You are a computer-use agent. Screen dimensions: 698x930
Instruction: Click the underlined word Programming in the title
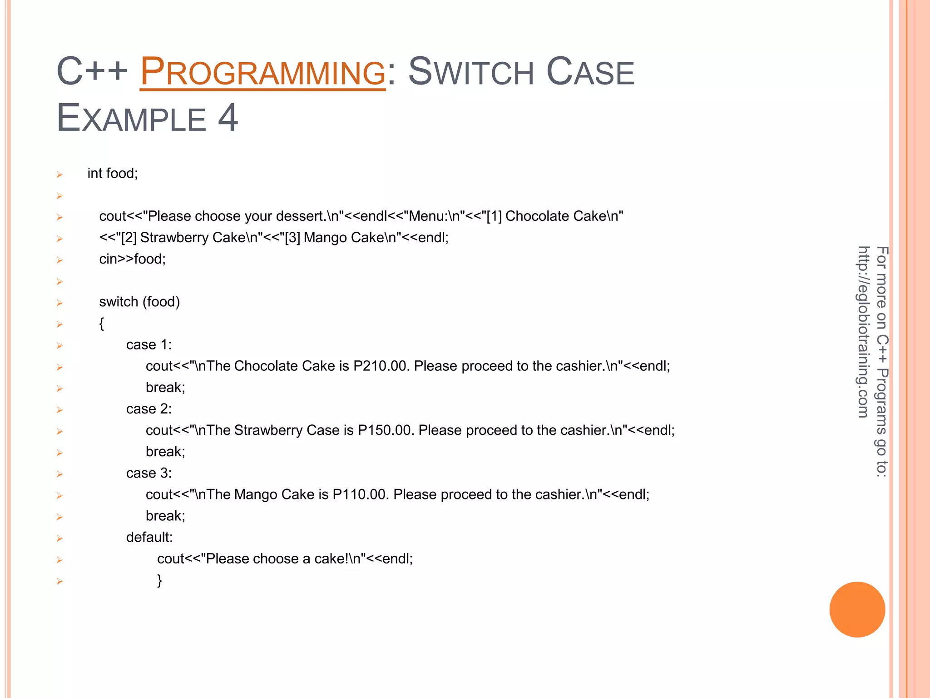(262, 72)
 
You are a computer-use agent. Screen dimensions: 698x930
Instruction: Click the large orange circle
(857, 609)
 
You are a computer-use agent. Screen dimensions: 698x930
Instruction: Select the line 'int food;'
(113, 173)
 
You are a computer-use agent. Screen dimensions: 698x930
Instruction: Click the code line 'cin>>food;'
(133, 259)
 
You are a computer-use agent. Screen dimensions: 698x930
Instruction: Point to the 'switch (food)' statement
(139, 302)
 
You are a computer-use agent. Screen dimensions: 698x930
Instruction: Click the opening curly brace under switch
(102, 324)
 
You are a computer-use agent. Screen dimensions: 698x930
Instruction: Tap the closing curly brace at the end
(159, 580)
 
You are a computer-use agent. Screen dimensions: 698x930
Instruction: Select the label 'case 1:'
(149, 344)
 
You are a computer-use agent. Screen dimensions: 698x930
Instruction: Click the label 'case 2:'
(149, 409)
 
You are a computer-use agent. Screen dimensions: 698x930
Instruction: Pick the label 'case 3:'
(149, 473)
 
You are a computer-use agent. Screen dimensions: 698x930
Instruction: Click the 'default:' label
(149, 537)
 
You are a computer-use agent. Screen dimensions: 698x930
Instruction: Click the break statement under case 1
(165, 387)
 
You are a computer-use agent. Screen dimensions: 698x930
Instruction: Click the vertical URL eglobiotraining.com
(863, 332)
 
